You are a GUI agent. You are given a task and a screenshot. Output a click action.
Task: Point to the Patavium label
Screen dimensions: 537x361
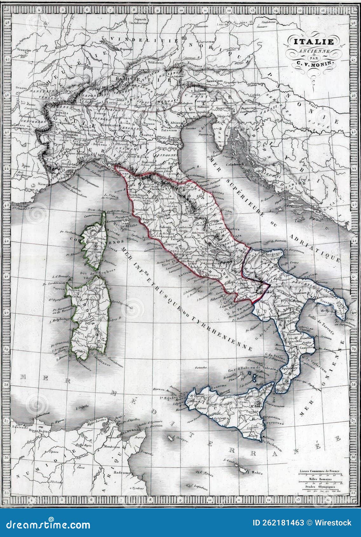click(169, 130)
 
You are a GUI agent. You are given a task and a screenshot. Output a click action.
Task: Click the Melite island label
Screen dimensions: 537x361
click(257, 473)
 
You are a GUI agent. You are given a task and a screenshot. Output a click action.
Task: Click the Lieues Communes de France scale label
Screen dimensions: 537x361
click(319, 471)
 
